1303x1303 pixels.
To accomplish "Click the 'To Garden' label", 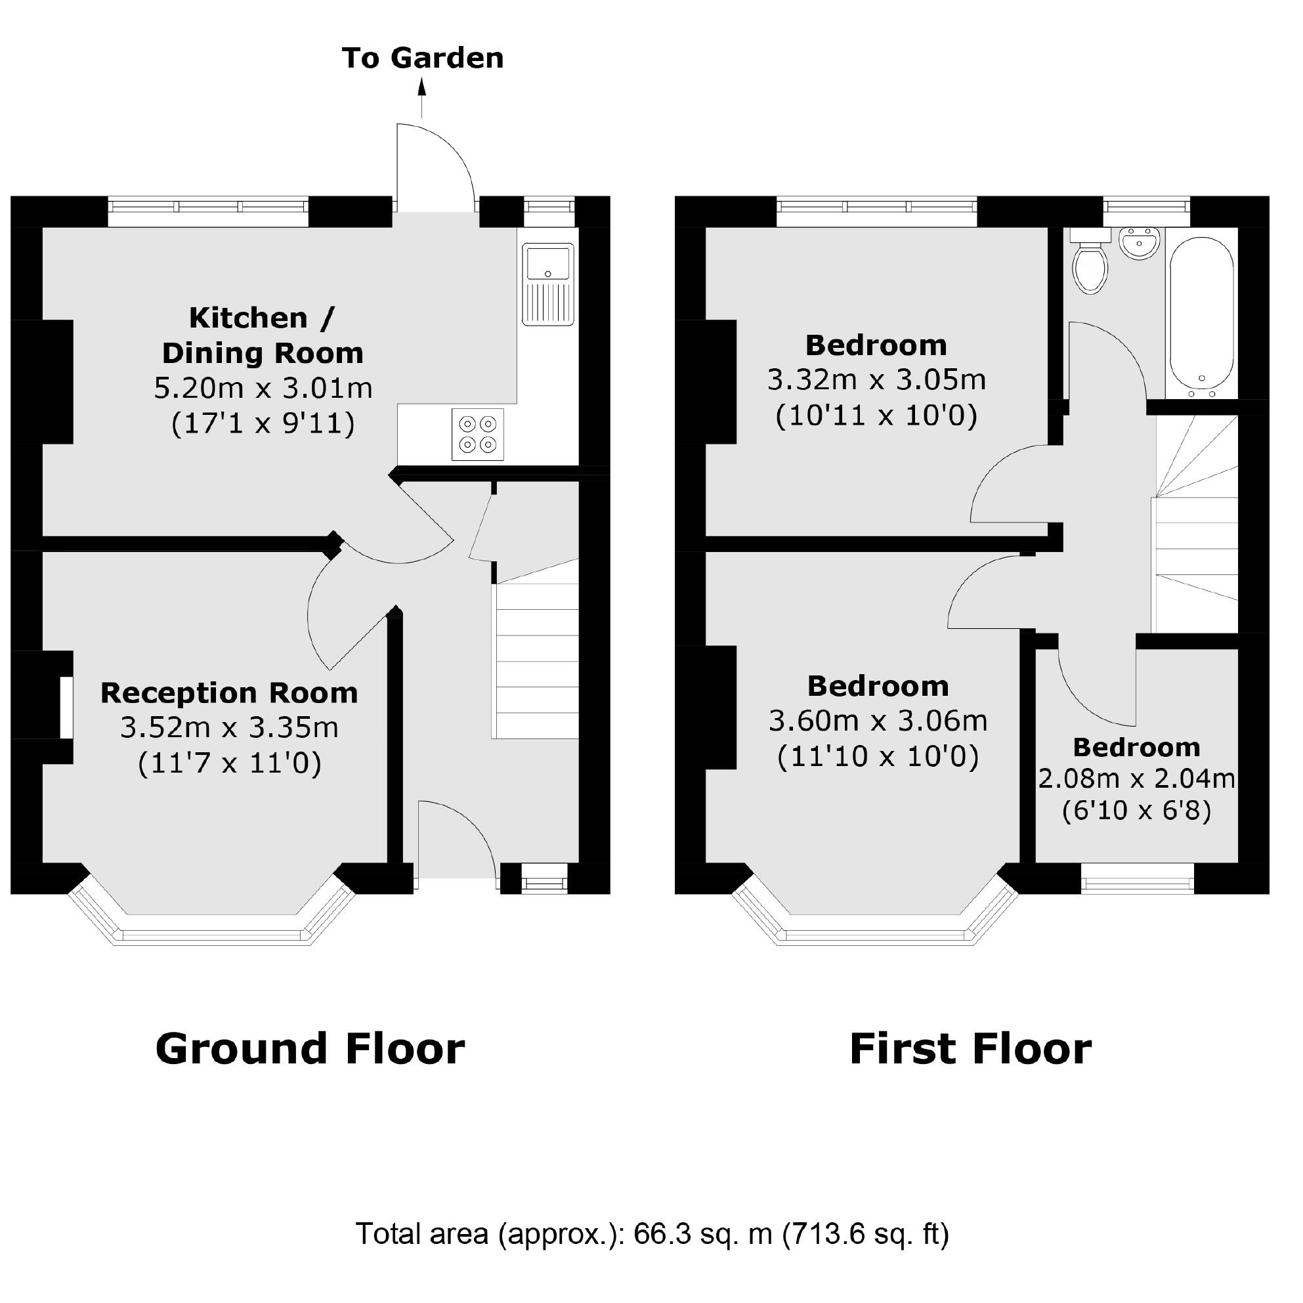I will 422,58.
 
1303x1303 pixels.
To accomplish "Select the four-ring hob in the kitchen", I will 477,435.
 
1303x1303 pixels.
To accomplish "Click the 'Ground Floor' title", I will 310,1050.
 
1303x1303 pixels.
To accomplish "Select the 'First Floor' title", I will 970,1050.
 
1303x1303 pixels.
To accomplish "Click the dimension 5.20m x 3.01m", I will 263,389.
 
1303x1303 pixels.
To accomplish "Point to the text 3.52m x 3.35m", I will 229,728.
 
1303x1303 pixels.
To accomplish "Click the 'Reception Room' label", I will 229,693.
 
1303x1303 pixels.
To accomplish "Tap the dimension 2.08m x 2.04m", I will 1136,780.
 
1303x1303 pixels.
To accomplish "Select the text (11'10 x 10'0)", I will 878,757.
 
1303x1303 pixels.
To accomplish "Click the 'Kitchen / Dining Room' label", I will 263,335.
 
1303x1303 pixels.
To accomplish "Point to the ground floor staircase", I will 537,661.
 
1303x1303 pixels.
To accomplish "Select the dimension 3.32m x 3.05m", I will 876,380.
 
